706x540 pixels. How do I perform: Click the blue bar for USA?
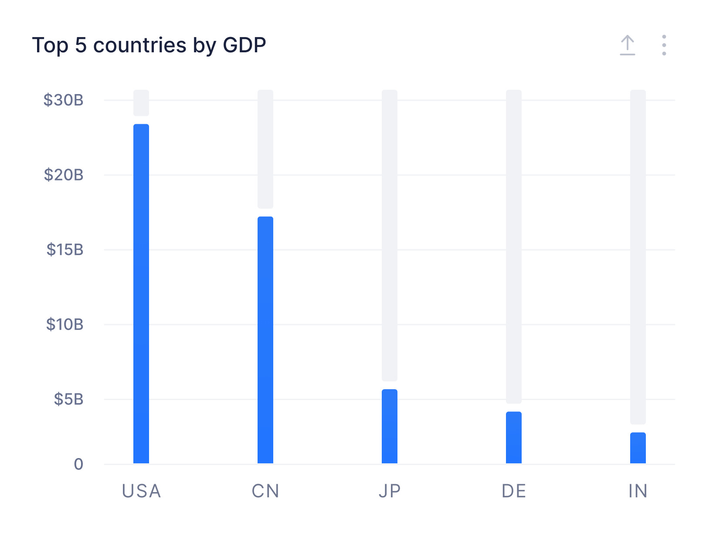[141, 293]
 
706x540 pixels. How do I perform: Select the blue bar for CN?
[265, 340]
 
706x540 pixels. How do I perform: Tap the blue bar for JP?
[390, 426]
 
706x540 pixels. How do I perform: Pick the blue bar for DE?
[514, 437]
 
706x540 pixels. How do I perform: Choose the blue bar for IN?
[638, 448]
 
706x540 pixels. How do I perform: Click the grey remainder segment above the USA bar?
[141, 103]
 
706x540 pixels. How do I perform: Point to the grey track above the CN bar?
[265, 149]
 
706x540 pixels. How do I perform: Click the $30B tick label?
[64, 100]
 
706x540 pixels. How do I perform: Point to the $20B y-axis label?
[64, 175]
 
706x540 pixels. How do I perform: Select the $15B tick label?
[65, 250]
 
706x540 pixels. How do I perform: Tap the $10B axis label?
[65, 325]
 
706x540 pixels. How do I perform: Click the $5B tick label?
[68, 399]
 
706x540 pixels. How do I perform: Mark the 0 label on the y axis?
[78, 464]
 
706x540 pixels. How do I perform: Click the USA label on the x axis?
[141, 491]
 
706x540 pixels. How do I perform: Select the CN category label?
[265, 491]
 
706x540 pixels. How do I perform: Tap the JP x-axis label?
[390, 491]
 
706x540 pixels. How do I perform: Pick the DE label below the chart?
[514, 491]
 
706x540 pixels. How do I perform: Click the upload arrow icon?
[628, 45]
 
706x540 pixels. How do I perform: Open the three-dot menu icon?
[664, 45]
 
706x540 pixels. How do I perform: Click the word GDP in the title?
[244, 45]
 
